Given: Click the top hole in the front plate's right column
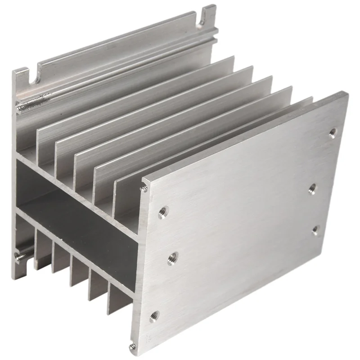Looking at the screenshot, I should tap(333, 132).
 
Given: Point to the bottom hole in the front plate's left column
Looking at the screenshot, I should tap(154, 316).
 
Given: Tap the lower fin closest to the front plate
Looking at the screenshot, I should tap(115, 297).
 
